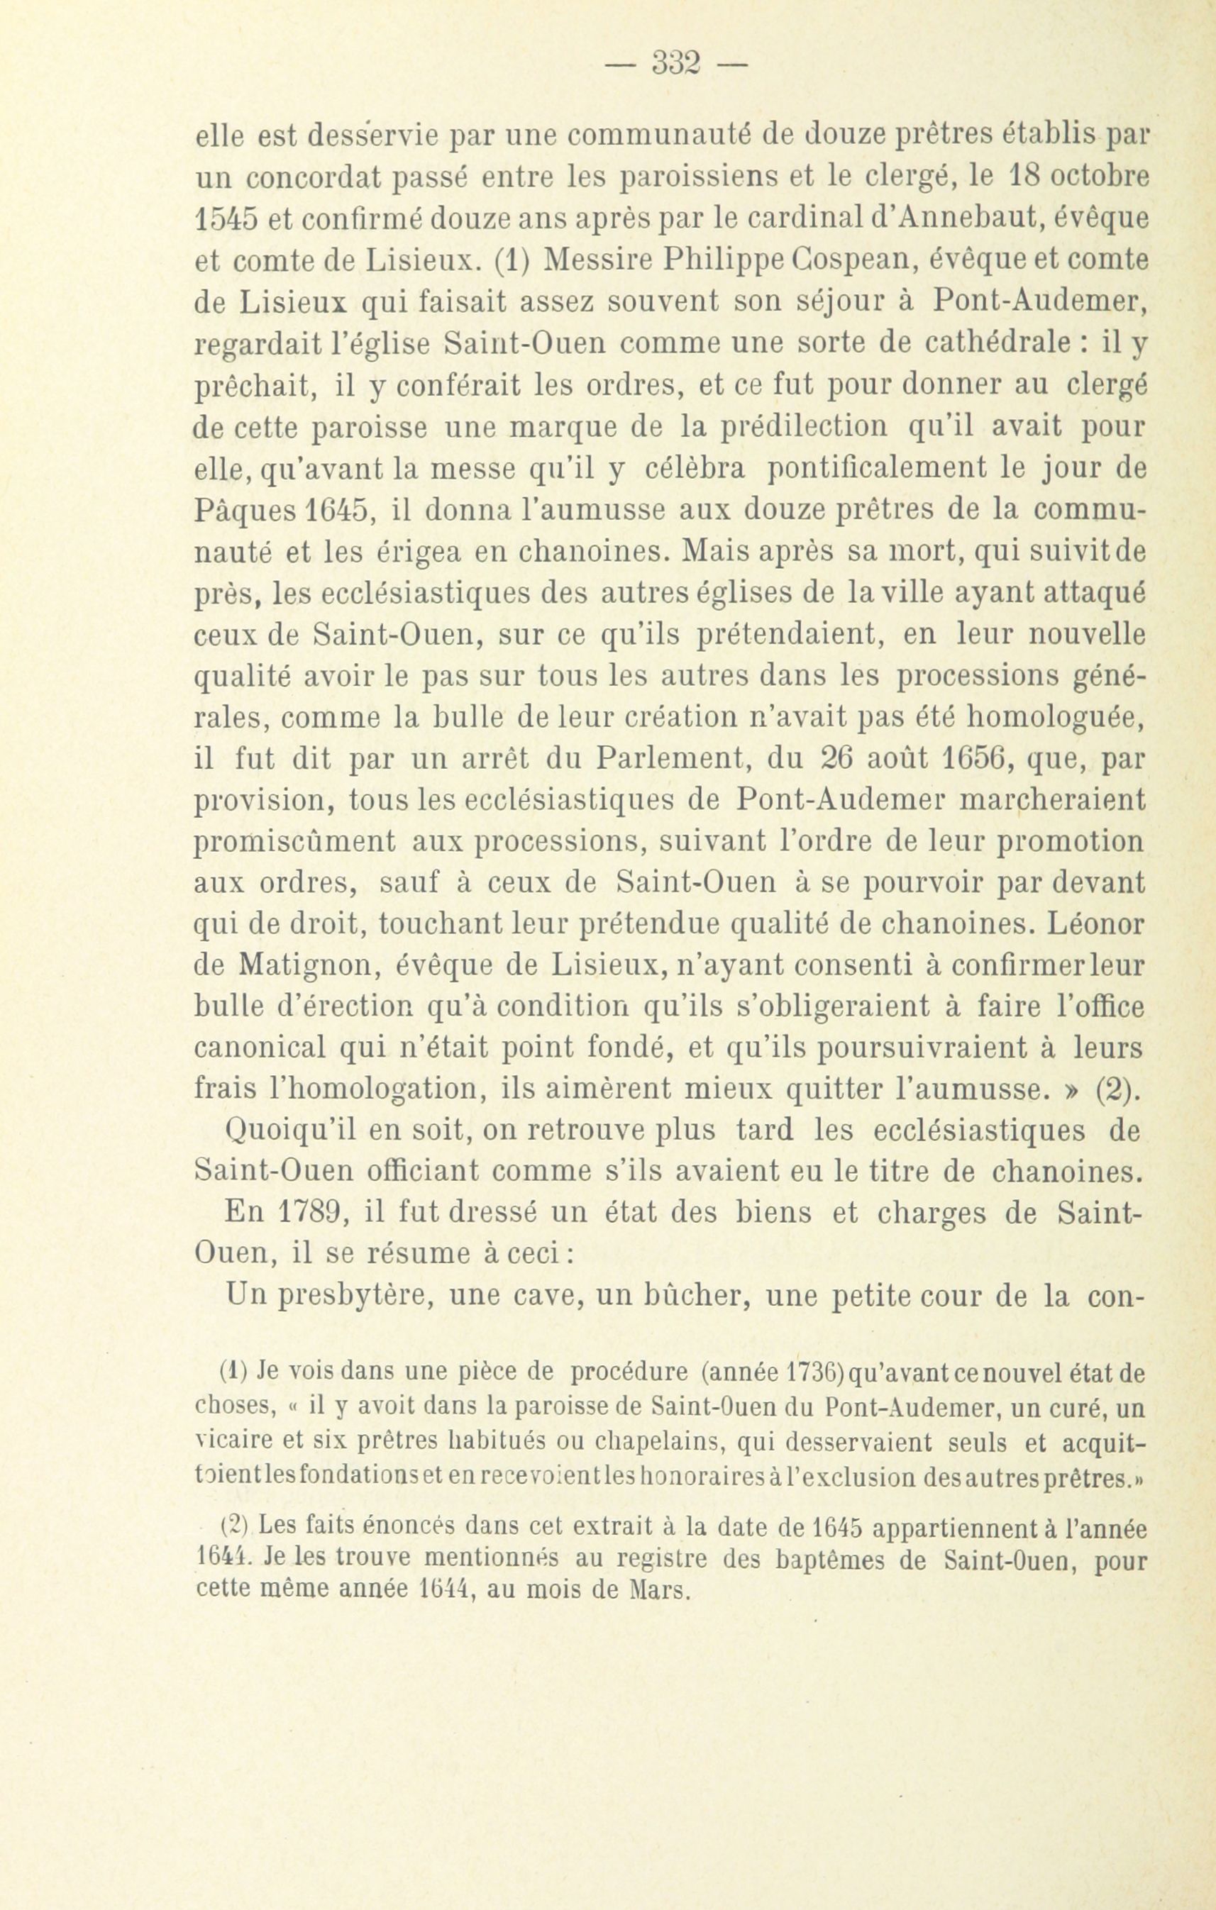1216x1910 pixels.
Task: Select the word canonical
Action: (258, 1050)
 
